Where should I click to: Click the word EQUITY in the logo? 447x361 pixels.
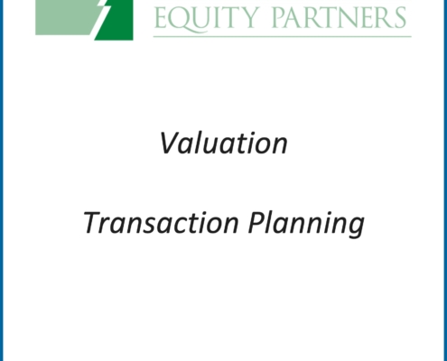207,19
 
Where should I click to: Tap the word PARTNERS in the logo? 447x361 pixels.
340,18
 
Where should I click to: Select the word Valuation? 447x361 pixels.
223,143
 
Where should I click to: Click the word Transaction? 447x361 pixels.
161,222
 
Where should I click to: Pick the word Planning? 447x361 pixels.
306,224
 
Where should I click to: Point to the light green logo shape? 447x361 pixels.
65,17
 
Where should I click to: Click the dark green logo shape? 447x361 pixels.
117,21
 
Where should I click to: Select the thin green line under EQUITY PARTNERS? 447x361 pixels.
283,37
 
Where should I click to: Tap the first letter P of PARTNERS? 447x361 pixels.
279,18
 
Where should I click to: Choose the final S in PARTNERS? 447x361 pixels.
400,18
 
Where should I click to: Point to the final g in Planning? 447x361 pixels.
355,228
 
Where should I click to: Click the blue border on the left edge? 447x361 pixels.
2,180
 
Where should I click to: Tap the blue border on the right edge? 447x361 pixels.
445,180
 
